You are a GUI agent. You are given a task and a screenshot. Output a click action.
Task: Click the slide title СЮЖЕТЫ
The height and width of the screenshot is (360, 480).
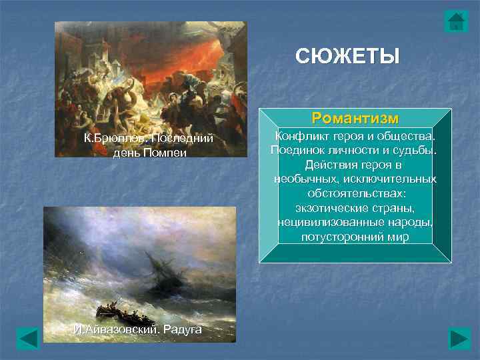click(348, 55)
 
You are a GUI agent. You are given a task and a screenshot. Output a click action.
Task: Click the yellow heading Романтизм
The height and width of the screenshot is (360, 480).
click(355, 119)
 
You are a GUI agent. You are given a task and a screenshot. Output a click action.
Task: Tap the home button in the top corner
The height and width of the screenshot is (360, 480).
click(456, 21)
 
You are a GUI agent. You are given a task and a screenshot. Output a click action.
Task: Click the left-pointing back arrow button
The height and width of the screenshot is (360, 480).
click(28, 338)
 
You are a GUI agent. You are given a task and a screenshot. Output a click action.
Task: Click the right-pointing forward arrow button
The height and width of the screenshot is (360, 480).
click(459, 338)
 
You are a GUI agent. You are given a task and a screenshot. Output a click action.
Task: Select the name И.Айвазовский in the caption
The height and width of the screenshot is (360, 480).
click(113, 331)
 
